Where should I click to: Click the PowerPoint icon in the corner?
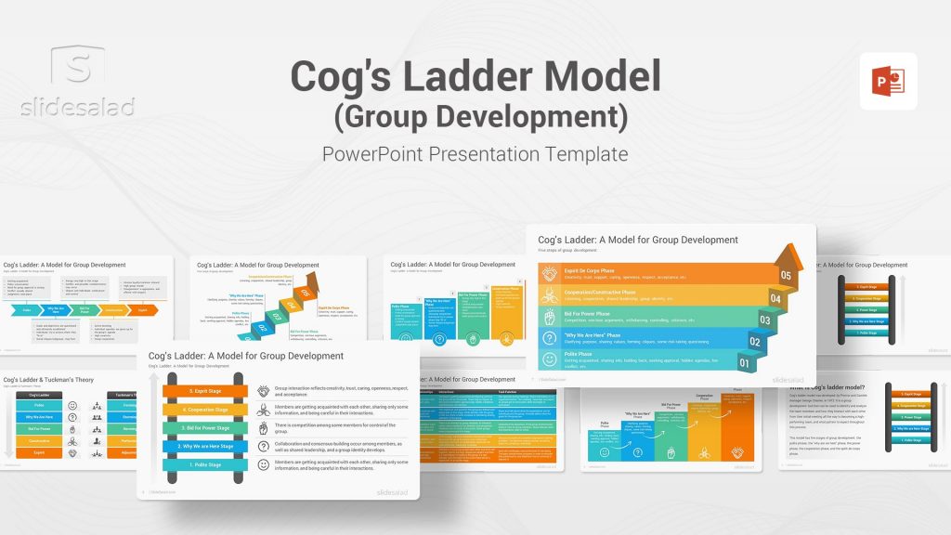[888, 81]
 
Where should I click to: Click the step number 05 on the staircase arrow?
[785, 276]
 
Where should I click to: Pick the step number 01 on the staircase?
[744, 362]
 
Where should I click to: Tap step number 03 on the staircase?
[764, 320]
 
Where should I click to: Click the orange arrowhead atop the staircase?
[790, 254]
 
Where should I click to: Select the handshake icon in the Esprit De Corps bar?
[551, 274]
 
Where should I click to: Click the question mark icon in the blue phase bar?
[551, 338]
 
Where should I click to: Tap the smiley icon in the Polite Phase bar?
[551, 360]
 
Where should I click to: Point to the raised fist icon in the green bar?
[551, 317]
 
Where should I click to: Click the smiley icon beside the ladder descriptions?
[263, 463]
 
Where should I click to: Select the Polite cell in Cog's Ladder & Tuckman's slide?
[39, 405]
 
